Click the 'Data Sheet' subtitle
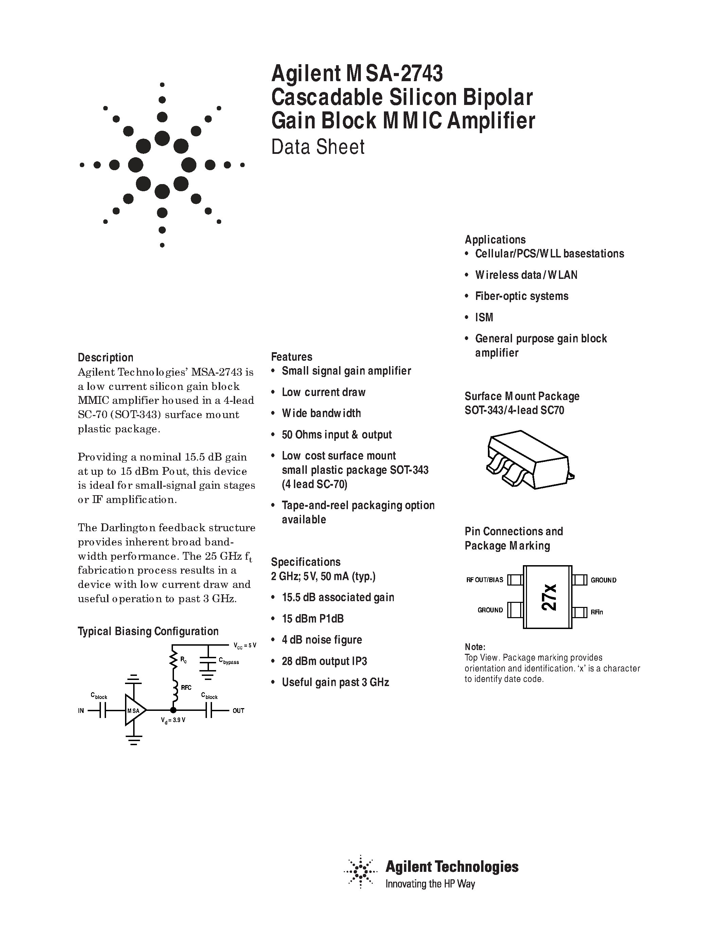(318, 147)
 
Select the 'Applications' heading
(495, 239)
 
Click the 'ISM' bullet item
(484, 317)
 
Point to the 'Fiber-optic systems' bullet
(522, 296)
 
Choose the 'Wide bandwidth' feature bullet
(321, 413)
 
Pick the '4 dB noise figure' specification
(322, 640)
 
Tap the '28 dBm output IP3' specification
(324, 661)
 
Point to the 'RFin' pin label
(597, 612)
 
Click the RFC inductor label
(186, 688)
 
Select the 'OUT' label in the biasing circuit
(238, 711)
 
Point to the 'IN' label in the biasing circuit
(81, 711)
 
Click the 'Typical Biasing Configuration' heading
(148, 631)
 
